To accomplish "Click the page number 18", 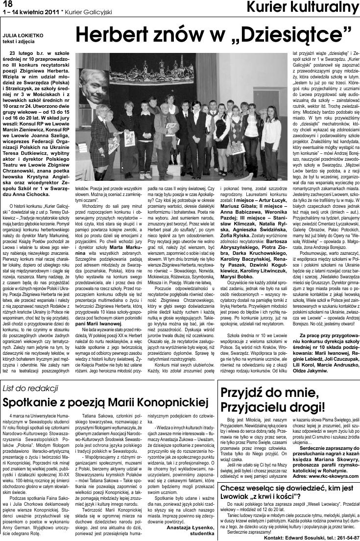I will pos(7,4).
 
